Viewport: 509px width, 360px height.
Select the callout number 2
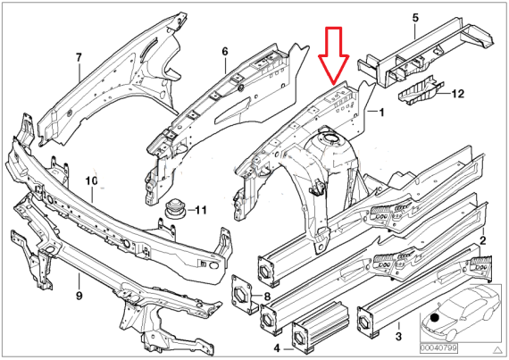(x=482, y=241)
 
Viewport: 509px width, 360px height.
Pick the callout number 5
(x=415, y=17)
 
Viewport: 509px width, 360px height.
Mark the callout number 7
(x=78, y=58)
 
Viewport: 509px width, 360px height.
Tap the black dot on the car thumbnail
(x=433, y=317)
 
